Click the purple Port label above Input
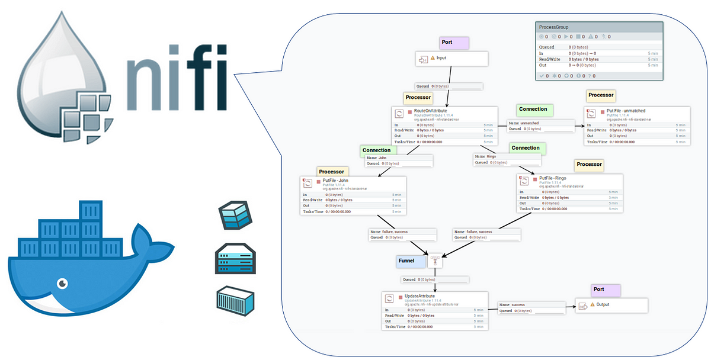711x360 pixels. pos(455,43)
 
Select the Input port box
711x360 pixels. pos(451,59)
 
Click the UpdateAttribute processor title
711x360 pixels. pos(419,295)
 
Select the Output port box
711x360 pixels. pos(611,306)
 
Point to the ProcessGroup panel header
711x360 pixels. pos(598,27)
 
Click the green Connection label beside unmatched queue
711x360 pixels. pos(533,110)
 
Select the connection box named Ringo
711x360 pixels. pos(507,159)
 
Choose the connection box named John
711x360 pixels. pos(399,160)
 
